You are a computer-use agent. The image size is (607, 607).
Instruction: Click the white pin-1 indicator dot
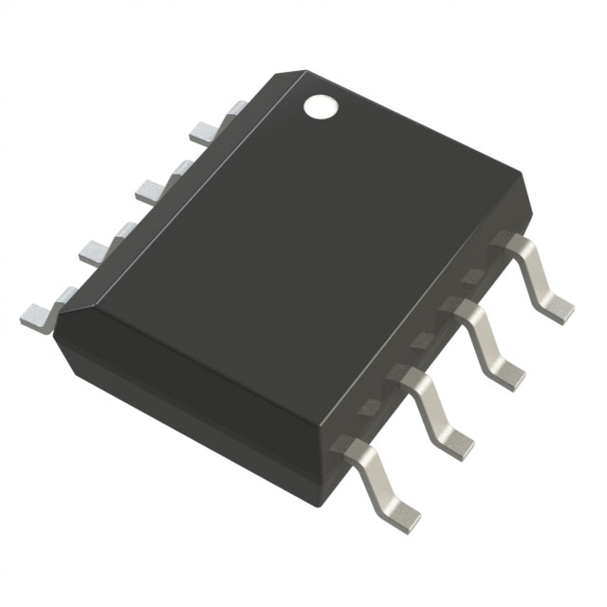coord(321,107)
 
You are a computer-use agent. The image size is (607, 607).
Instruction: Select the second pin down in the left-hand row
coord(148,191)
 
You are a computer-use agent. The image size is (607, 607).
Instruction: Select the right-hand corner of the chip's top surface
coord(521,176)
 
